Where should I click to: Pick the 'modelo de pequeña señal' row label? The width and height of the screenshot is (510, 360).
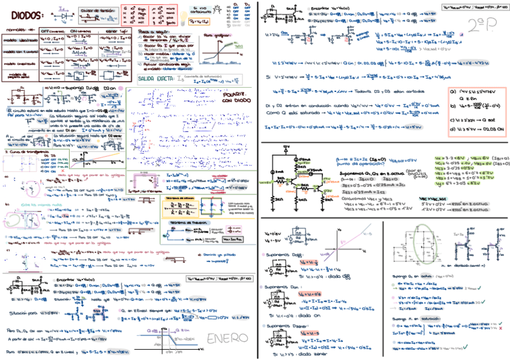21,76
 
